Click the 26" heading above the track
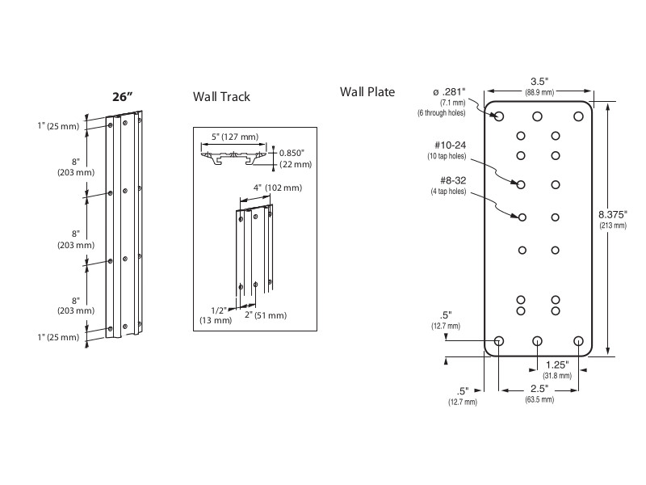122,97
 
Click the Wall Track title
221,97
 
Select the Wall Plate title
367,92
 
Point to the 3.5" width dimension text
539,82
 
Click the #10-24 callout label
451,145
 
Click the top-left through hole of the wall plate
499,116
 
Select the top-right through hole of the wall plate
578,116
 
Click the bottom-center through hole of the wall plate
539,341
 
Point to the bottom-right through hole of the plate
578,341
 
